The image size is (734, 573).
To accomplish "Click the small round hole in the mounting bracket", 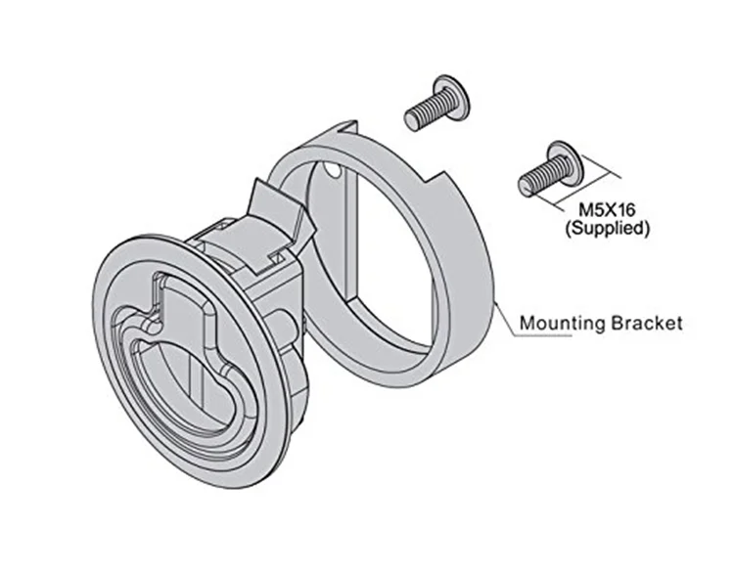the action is coord(334,174).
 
